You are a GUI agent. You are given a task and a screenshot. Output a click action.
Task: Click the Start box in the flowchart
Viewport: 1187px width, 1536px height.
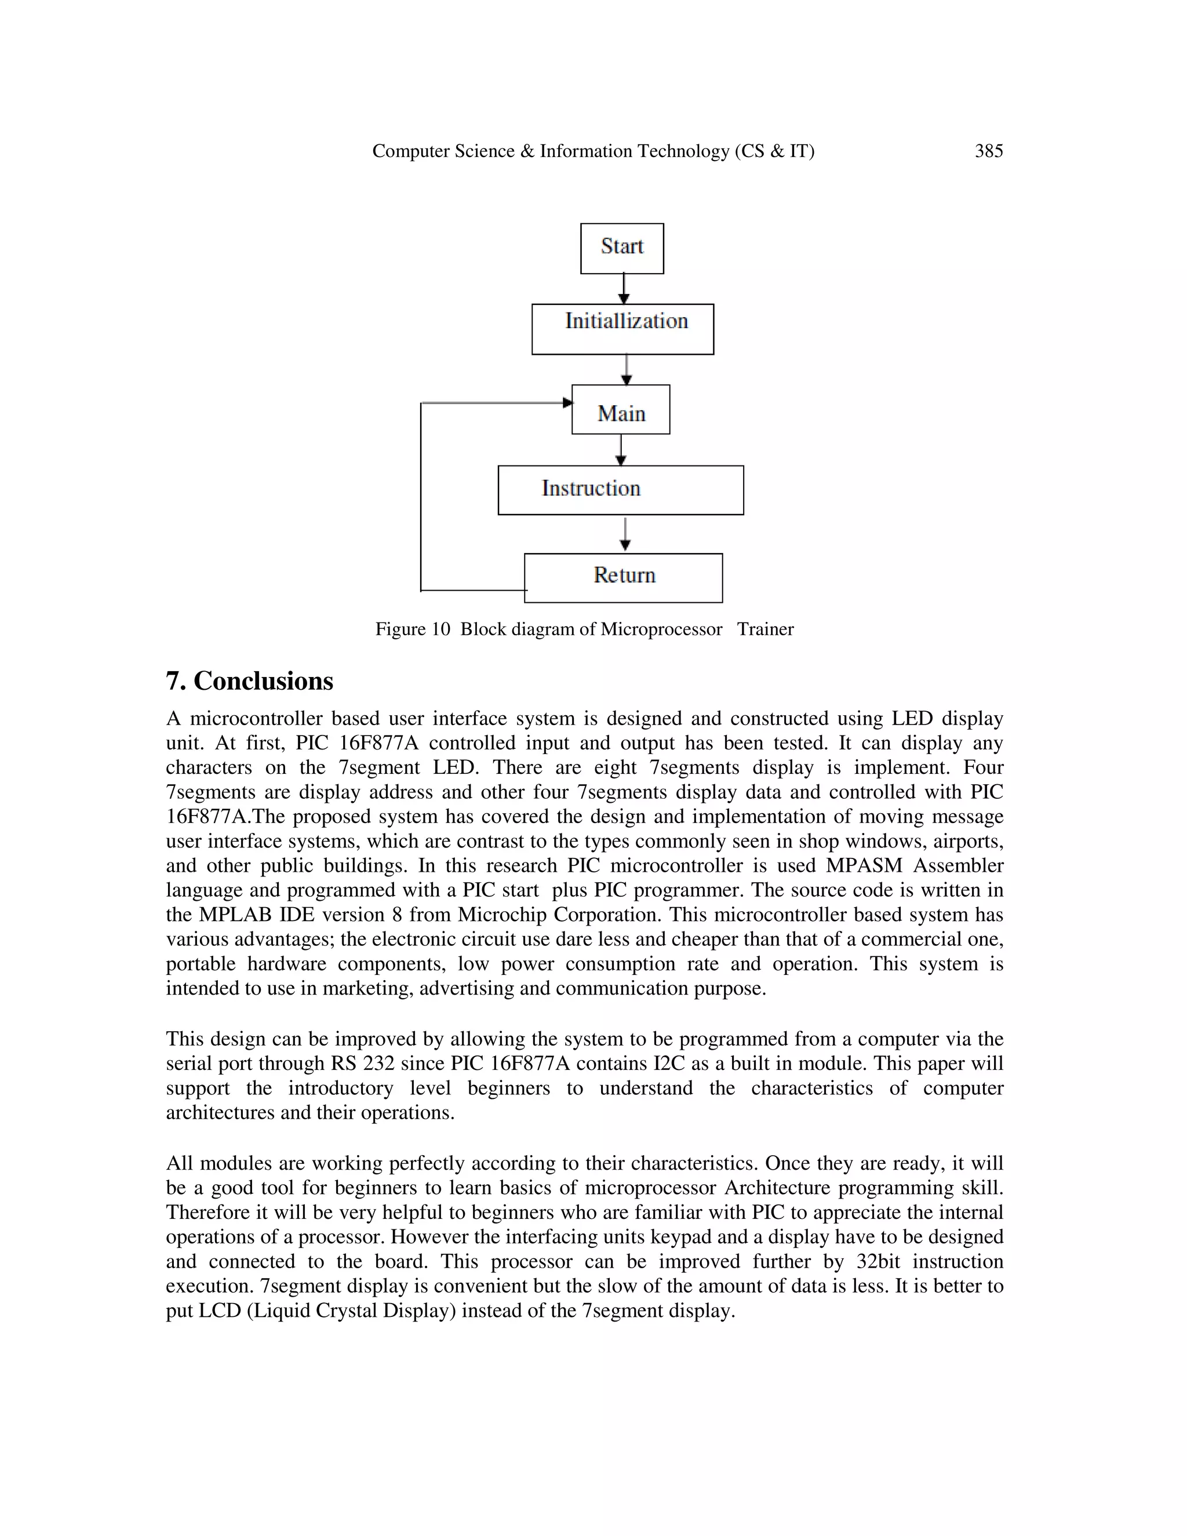[622, 247]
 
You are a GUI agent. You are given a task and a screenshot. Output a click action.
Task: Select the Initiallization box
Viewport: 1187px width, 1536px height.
[622, 329]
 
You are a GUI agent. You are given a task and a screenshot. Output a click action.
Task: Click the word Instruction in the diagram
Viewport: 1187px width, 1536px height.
[591, 488]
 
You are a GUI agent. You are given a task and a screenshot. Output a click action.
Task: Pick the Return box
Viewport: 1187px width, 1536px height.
[623, 577]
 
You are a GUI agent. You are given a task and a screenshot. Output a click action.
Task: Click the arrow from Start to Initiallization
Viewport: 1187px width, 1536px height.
[623, 288]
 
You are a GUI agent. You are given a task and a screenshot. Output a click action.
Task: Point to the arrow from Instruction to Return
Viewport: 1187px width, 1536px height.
[624, 534]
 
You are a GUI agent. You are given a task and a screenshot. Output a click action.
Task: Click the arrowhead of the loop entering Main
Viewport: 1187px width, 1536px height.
[567, 403]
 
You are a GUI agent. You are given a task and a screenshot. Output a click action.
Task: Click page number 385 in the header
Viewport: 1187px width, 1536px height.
[988, 151]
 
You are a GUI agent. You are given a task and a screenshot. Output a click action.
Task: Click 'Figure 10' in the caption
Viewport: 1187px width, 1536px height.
[412, 629]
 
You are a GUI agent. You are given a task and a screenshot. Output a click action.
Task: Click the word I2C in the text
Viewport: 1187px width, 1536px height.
[669, 1064]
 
